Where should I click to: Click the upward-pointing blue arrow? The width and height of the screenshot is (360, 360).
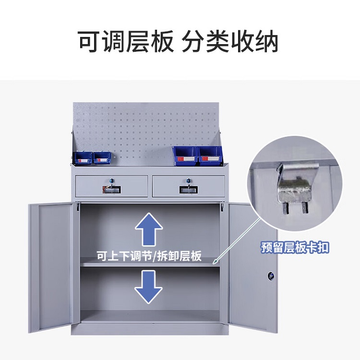[149, 229]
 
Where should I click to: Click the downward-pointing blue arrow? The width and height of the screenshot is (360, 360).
[148, 287]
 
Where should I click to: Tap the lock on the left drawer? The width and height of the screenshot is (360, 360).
[111, 180]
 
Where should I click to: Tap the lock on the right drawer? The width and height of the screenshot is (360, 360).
[189, 180]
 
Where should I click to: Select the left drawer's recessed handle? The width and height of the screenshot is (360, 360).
[111, 190]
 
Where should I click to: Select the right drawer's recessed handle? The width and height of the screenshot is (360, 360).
[189, 190]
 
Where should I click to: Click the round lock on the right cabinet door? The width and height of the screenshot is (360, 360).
[271, 276]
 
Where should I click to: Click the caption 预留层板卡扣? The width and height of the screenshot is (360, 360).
[295, 248]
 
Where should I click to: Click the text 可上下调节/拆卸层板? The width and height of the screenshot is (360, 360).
[149, 256]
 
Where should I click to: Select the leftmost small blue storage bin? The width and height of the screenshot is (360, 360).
[83, 158]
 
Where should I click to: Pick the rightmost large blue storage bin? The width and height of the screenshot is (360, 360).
[210, 156]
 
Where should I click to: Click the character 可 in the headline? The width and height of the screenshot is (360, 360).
[89, 42]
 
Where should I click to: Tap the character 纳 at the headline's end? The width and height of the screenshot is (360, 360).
[266, 42]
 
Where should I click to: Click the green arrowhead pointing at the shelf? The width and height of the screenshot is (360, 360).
[216, 261]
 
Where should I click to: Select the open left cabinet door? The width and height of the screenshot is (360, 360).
[53, 267]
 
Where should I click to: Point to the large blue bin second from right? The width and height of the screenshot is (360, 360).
[185, 156]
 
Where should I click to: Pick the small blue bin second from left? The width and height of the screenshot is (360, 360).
[102, 158]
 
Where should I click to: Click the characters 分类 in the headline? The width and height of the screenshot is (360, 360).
[205, 42]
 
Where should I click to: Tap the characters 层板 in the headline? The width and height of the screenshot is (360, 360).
[150, 42]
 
